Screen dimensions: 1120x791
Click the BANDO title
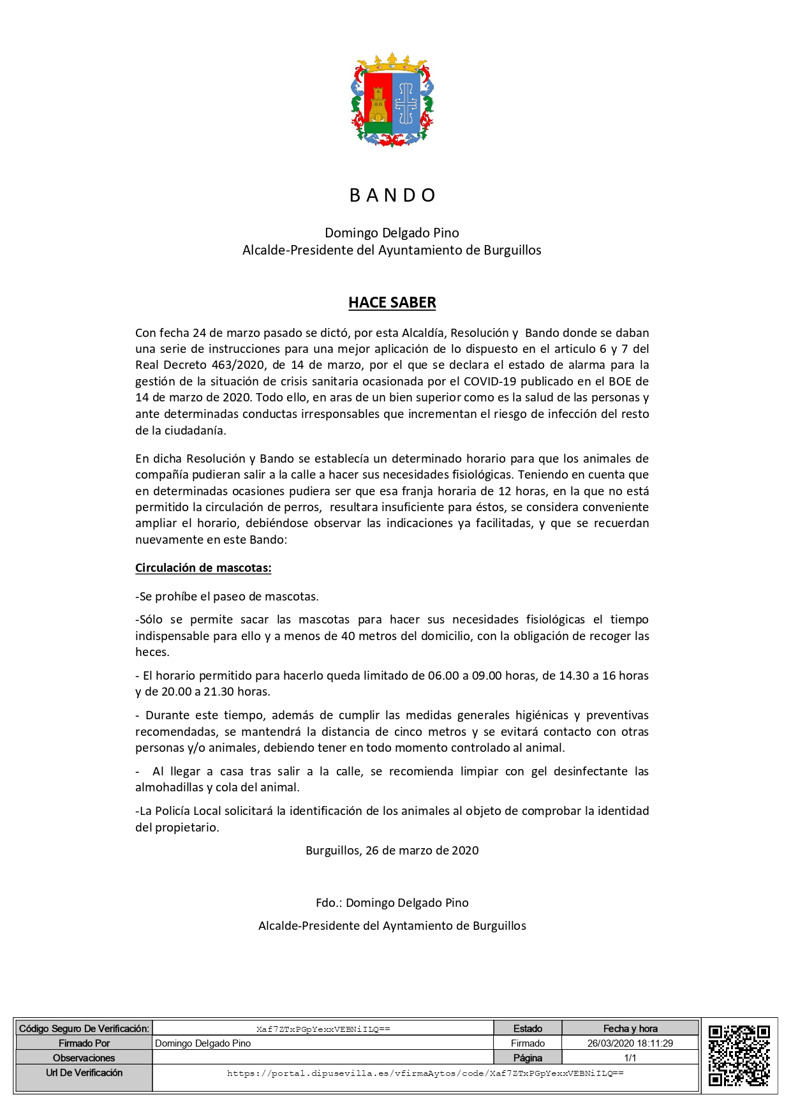(x=392, y=195)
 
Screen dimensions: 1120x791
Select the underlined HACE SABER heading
(x=392, y=302)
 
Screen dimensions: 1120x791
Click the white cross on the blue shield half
(x=406, y=103)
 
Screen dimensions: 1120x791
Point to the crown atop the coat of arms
(x=392, y=64)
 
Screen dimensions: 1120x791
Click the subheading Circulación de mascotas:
(x=203, y=568)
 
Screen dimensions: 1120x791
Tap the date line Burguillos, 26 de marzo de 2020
(x=392, y=851)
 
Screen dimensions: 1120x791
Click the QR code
(x=739, y=1055)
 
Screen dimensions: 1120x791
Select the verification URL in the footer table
(x=425, y=1073)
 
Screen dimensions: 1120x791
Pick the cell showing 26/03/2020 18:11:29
(x=630, y=1043)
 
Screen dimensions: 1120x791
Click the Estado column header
(x=528, y=1029)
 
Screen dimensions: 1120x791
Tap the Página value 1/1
(x=630, y=1058)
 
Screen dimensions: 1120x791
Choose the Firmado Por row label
(x=84, y=1043)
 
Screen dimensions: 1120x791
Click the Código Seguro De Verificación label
(x=84, y=1029)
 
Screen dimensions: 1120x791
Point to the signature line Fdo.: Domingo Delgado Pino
(x=392, y=903)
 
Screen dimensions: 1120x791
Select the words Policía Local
(x=186, y=811)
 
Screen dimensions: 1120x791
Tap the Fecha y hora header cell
(x=630, y=1029)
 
